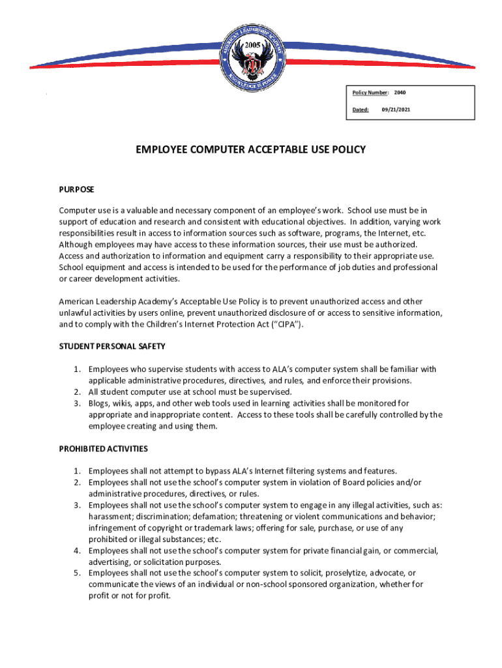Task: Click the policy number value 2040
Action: coord(400,93)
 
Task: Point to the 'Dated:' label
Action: coord(361,110)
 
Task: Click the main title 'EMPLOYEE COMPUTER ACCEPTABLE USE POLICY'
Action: coord(251,149)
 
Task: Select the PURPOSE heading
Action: coord(77,189)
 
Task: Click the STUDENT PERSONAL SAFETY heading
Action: coord(112,346)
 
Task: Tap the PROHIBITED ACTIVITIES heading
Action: coord(104,448)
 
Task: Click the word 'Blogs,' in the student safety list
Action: coord(100,403)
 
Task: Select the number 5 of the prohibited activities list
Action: coord(76,573)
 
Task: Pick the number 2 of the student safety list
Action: coord(76,391)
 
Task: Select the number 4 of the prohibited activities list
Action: coord(76,551)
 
